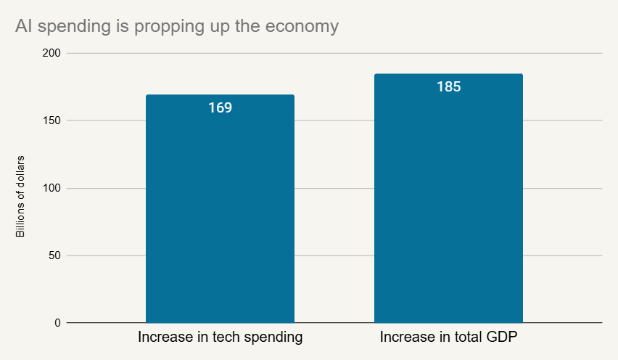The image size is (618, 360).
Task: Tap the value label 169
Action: [220, 108]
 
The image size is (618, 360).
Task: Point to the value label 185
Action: [448, 87]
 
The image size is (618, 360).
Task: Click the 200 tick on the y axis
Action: [52, 54]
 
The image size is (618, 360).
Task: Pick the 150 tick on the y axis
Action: [52, 120]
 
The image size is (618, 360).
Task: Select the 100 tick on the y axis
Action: [52, 188]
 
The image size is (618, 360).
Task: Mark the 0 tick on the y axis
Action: [58, 323]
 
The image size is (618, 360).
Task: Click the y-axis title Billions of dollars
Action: [20, 196]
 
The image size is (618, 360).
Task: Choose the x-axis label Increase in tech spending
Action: [220, 337]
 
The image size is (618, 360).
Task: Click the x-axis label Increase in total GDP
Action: [448, 337]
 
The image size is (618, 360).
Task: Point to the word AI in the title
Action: [23, 27]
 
